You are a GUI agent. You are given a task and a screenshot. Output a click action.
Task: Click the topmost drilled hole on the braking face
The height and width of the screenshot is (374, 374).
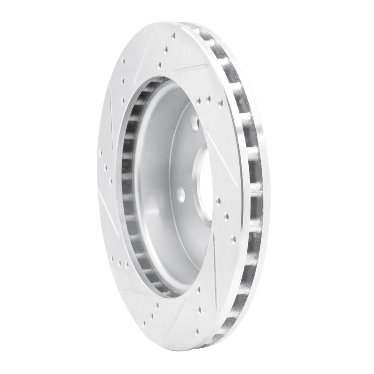point(173,35)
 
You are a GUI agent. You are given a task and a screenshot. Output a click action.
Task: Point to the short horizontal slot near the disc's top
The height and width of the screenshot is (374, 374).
point(191,68)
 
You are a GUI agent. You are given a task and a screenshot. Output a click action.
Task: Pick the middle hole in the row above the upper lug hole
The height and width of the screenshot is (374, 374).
point(209,99)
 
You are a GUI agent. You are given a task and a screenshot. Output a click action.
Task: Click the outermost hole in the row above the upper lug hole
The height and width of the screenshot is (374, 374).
point(220,102)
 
